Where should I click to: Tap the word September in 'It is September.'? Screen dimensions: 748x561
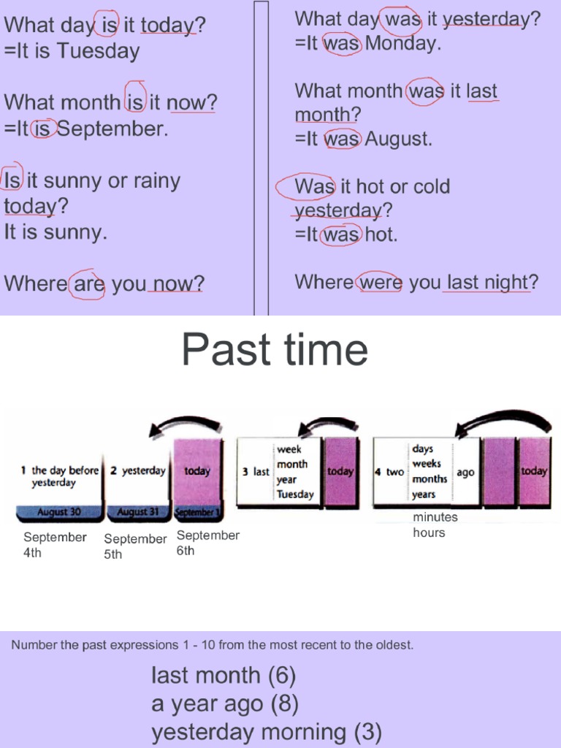point(112,129)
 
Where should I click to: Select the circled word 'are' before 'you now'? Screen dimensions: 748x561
point(89,283)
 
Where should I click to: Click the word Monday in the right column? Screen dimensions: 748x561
point(402,44)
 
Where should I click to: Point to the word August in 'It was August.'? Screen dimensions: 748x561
point(399,139)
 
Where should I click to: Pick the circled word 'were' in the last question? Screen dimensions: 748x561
point(380,283)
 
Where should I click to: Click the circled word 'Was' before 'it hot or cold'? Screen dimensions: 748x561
point(314,187)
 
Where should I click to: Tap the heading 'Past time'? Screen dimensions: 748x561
point(275,349)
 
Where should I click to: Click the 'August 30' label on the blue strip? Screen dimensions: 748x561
point(58,513)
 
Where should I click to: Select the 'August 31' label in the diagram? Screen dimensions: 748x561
point(137,513)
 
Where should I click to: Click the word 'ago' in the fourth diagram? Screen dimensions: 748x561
point(465,473)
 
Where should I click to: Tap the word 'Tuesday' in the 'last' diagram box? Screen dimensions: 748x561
point(295,495)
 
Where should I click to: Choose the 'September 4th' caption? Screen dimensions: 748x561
point(55,545)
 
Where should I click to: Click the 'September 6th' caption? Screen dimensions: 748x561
point(207,543)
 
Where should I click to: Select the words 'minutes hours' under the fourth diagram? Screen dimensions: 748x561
point(435,524)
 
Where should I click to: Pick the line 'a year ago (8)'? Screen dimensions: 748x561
point(224,704)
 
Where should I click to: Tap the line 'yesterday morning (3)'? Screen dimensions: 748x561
point(266,732)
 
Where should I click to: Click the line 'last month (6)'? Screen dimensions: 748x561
point(223,676)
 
